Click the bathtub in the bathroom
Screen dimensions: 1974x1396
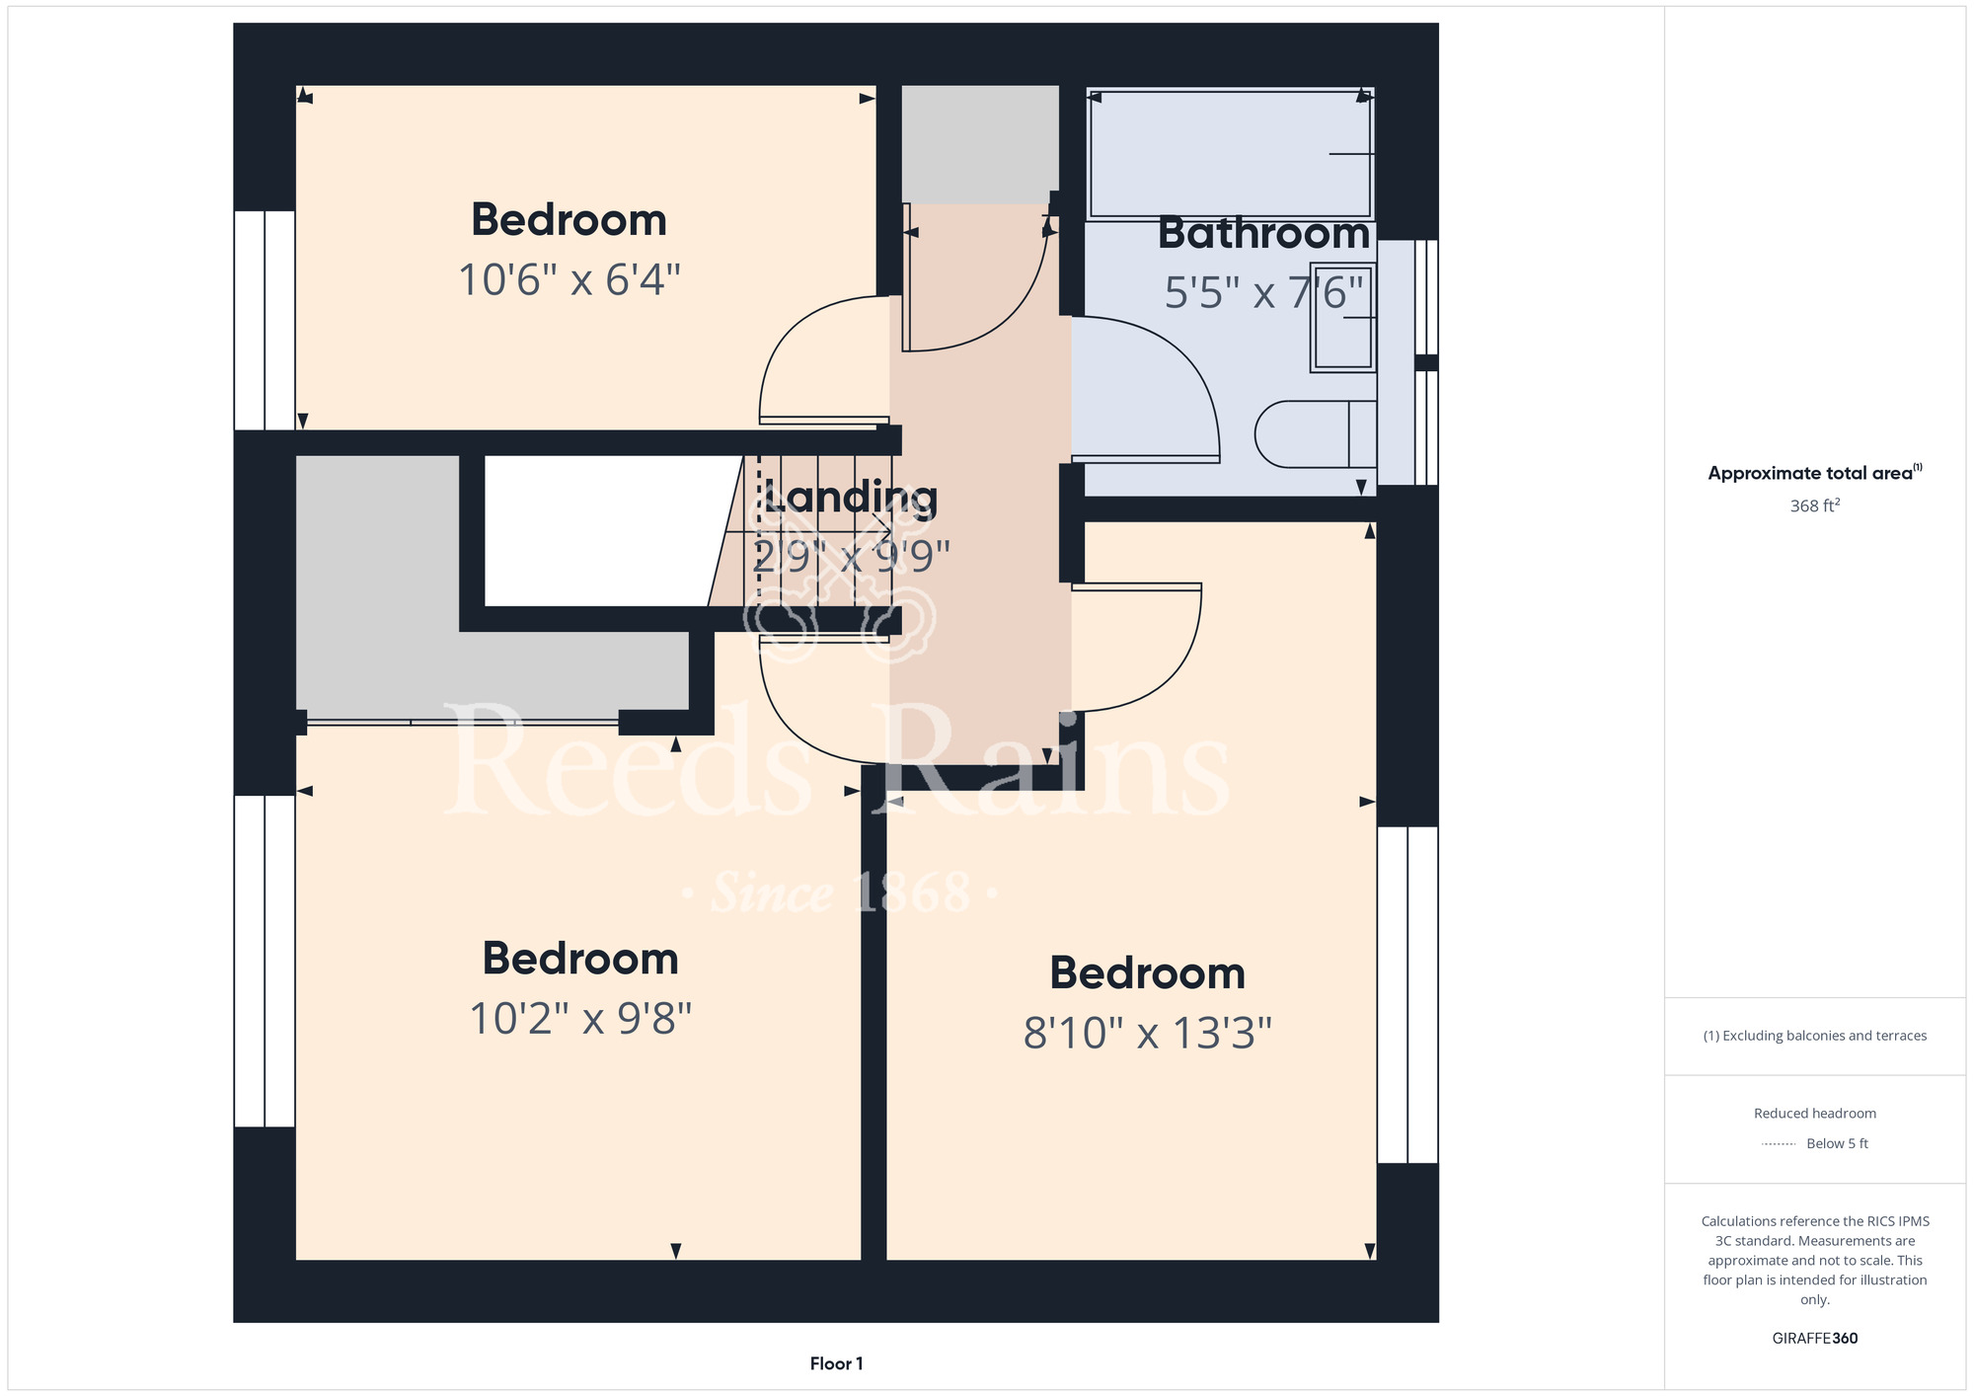pos(1230,154)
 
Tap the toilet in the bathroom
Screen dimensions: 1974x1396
pos(1316,433)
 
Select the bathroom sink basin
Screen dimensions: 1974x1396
pos(1343,317)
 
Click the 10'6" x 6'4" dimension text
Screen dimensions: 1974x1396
pos(569,279)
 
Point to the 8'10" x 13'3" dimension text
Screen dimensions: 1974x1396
pos(1147,1034)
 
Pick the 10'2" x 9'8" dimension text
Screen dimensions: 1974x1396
pos(580,1019)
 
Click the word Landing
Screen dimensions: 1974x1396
pos(850,499)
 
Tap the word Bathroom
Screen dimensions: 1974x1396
pos(1263,233)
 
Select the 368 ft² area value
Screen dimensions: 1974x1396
pos(1814,505)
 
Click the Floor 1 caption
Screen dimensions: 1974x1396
pos(836,1363)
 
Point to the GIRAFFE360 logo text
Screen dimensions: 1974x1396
pos(1814,1339)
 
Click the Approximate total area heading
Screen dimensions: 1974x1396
pos(1814,473)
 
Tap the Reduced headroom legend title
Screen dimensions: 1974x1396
pos(1814,1114)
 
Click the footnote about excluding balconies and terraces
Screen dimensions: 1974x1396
pos(1814,1036)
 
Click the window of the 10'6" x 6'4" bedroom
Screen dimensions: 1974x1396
pos(265,320)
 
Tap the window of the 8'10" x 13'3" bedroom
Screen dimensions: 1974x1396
pos(1407,994)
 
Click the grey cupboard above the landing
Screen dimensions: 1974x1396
pos(980,145)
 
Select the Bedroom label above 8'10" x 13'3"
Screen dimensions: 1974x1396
pos(1147,973)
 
